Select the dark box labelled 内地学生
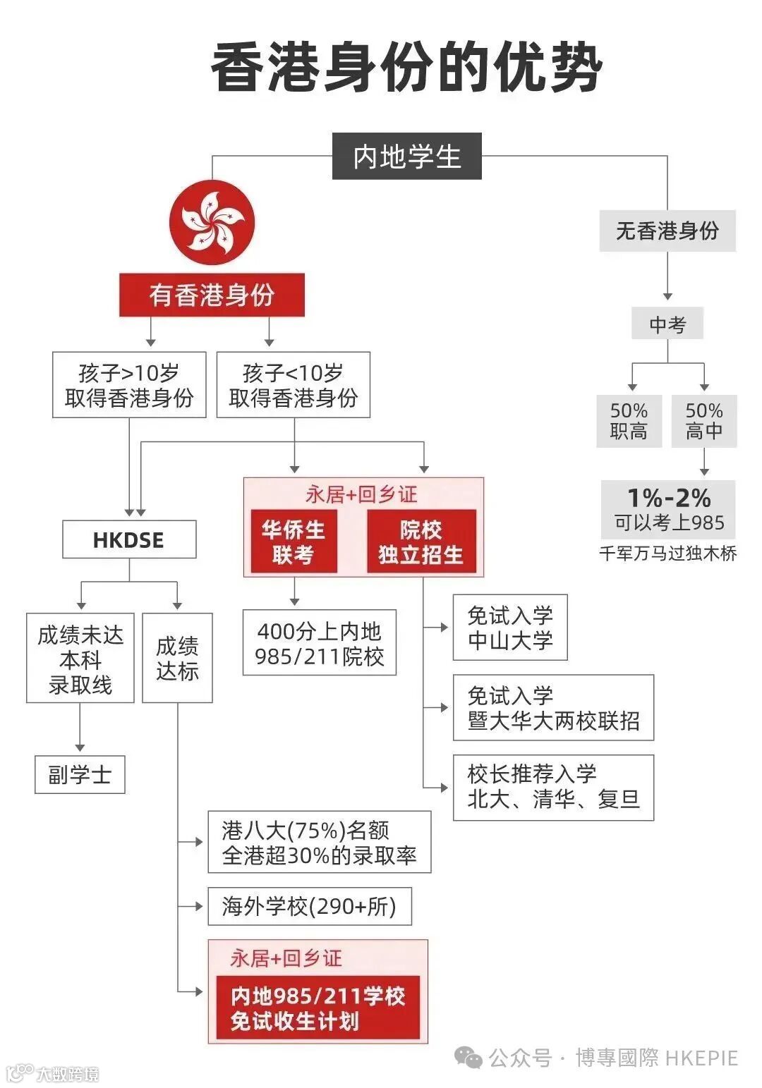tap(406, 156)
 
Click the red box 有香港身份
tap(212, 295)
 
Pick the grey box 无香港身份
tap(667, 231)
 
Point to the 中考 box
tap(667, 324)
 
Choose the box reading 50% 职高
tap(629, 421)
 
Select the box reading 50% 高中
tap(704, 421)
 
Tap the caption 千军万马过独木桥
tap(667, 554)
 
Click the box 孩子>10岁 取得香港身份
tap(129, 385)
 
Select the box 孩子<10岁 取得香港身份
tap(293, 385)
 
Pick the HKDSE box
tap(129, 540)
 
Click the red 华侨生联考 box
tap(294, 542)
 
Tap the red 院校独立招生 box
tap(421, 542)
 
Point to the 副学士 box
tap(80, 774)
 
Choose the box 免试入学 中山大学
tap(509, 628)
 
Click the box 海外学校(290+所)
tap(309, 906)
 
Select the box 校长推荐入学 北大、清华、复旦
tap(553, 787)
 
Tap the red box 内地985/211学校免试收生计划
tap(317, 1008)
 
